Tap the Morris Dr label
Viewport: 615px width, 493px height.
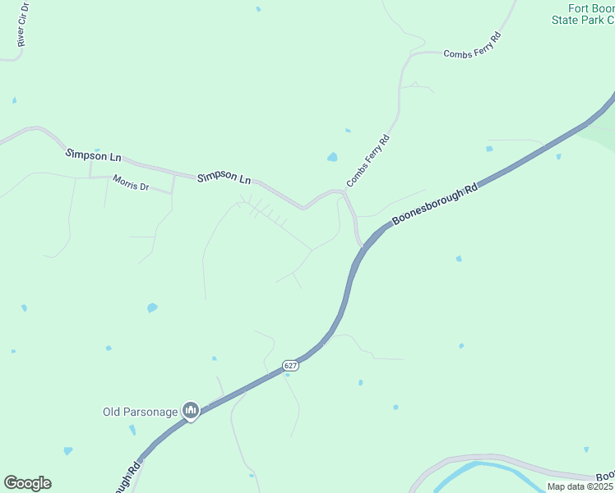pos(131,185)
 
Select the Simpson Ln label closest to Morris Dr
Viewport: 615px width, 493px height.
pos(94,154)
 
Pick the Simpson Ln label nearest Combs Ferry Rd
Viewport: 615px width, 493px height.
pos(224,177)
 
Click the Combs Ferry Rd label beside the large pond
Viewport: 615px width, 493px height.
pos(368,161)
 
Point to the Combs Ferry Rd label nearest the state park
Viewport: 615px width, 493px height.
pos(473,45)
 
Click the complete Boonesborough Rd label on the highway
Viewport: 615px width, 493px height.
pos(435,205)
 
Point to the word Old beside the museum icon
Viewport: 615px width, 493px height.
pos(111,412)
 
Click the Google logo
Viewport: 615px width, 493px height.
pos(27,483)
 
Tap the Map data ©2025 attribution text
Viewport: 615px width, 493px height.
pos(580,486)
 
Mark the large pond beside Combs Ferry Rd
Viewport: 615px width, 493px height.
pos(332,156)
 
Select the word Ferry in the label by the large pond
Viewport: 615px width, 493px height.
pos(367,162)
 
